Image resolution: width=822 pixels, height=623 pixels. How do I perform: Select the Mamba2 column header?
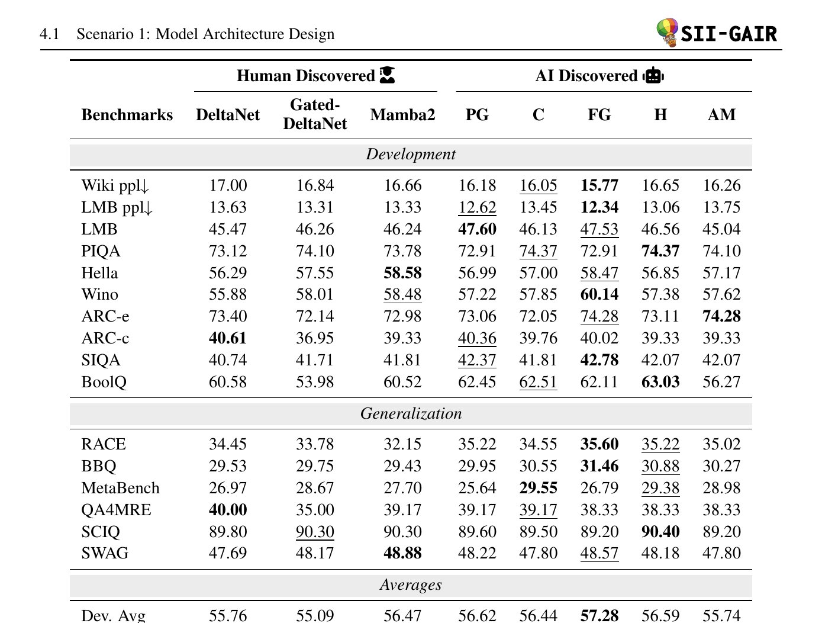coord(402,115)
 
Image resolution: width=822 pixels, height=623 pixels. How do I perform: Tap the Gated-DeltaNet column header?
coord(315,114)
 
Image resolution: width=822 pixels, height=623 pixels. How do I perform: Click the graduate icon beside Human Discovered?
coord(388,75)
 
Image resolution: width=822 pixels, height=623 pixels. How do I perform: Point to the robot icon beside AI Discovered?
coord(653,76)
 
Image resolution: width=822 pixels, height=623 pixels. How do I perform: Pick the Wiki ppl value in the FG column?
coord(599,185)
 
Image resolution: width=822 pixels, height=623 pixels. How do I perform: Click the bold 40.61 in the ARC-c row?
coord(228,338)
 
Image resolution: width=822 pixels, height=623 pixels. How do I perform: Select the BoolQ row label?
coord(104,382)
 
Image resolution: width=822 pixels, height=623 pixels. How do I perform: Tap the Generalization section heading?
coord(411,413)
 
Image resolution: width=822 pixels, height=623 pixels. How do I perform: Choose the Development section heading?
coord(411,155)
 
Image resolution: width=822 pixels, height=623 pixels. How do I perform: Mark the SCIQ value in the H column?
coord(660,532)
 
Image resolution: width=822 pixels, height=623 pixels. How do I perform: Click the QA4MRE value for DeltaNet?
coord(228,510)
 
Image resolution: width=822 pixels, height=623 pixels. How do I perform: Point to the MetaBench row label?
coord(120,488)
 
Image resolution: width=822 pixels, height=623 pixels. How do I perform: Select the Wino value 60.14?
coord(599,294)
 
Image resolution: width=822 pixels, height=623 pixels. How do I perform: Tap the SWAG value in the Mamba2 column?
coord(402,553)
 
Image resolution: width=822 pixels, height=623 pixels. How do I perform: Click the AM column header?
coord(721,115)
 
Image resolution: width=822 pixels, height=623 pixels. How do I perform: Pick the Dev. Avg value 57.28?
coord(599,615)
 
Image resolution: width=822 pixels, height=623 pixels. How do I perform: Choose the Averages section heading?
coord(411,585)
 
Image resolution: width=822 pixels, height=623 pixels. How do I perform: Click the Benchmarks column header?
coord(127,115)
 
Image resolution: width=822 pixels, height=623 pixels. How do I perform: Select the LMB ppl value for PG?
coord(477,207)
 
